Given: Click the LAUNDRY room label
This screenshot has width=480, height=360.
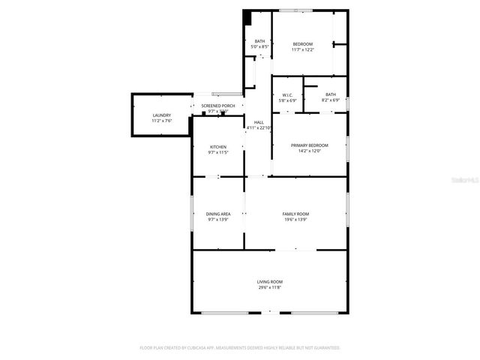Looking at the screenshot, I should [x=162, y=115].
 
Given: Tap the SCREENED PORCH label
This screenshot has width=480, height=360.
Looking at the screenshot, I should [x=218, y=106].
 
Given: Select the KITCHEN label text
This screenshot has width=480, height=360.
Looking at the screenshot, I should [x=218, y=147].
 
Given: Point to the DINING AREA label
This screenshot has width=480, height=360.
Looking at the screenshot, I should [x=218, y=214].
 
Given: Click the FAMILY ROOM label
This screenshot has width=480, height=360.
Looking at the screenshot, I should [x=295, y=214].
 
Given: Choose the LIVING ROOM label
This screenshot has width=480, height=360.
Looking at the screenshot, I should [x=270, y=281].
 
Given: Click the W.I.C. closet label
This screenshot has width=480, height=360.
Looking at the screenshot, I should [x=287, y=94].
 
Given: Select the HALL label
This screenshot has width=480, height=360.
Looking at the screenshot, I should [x=259, y=122].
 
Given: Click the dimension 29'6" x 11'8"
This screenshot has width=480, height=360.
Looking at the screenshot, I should [x=270, y=287].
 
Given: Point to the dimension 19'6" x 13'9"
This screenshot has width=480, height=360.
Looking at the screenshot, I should [x=295, y=220].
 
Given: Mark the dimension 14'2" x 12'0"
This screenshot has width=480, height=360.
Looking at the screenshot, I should [x=310, y=151].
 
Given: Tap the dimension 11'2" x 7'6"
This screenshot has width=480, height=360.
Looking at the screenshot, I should [x=162, y=121].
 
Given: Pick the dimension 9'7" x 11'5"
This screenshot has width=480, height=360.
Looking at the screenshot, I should [x=218, y=153].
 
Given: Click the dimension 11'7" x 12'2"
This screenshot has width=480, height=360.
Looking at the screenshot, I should [x=303, y=50].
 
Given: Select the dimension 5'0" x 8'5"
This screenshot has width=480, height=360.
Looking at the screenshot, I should [x=259, y=47].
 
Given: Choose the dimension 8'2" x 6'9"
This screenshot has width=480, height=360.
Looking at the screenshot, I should [x=331, y=100].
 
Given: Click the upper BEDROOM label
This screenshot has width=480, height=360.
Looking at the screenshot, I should [x=303, y=44].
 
